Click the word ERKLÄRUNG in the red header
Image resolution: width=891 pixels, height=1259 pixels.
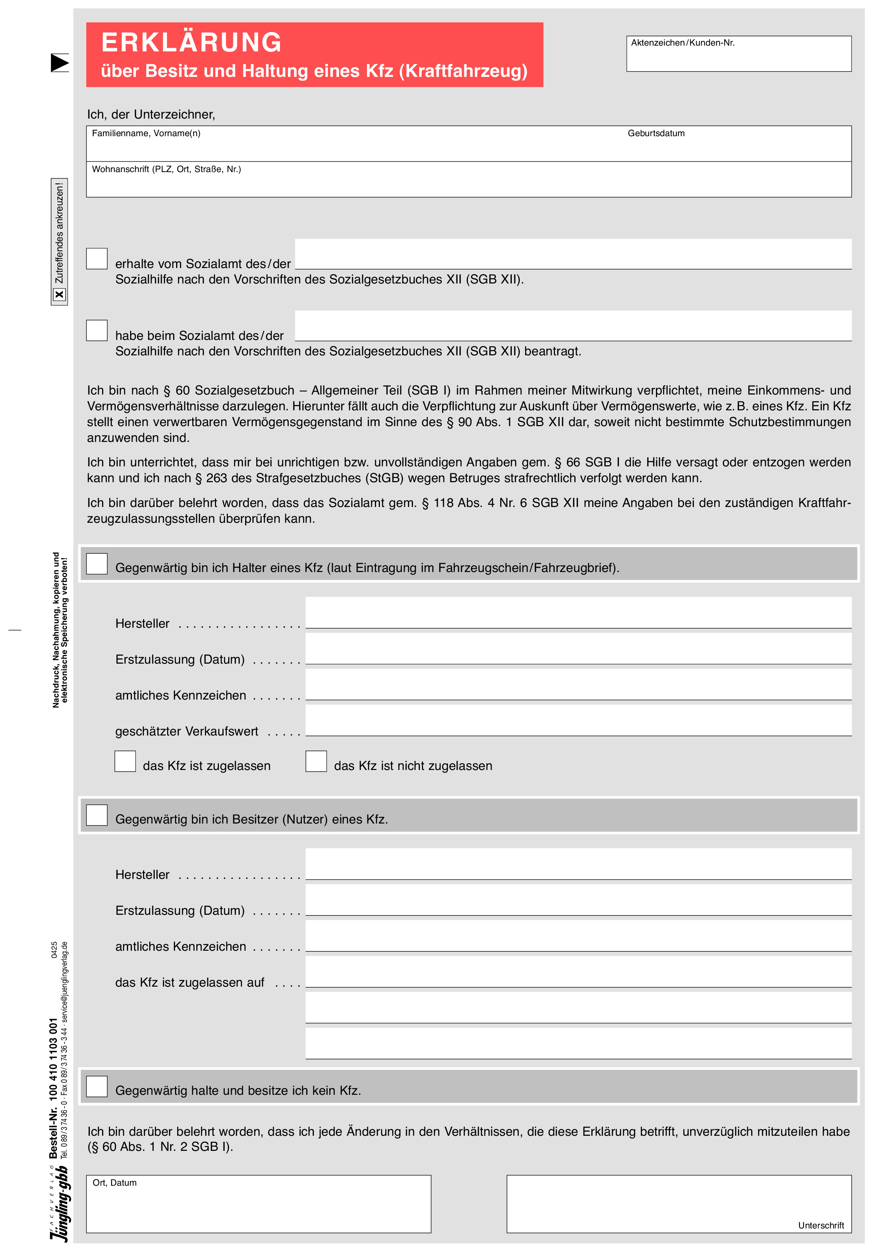[x=192, y=43]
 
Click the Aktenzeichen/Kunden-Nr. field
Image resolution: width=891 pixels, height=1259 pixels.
[x=739, y=57]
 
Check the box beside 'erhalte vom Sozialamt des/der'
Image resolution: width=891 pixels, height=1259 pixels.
[x=97, y=259]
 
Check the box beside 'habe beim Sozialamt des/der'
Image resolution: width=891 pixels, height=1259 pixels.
[x=97, y=331]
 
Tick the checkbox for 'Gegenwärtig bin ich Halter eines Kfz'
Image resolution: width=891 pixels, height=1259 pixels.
[x=97, y=564]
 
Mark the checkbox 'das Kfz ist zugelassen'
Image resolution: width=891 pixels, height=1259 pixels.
[x=125, y=762]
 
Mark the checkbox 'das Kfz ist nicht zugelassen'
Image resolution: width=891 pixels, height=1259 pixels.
[x=316, y=762]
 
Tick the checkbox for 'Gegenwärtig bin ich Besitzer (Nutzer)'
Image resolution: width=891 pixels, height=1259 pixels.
[x=97, y=815]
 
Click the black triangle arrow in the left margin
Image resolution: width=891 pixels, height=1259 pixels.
[x=59, y=63]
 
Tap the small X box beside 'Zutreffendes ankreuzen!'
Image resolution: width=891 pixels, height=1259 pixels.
[x=59, y=295]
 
